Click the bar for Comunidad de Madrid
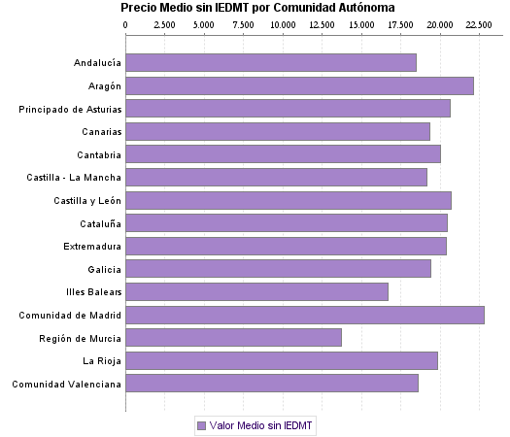click(304, 315)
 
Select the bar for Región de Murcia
click(233, 337)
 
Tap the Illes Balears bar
click(256, 291)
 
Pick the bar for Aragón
click(299, 85)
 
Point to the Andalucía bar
click(271, 63)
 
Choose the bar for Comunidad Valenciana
click(272, 384)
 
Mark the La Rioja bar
click(282, 360)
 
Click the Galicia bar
click(278, 269)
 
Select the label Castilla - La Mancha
click(74, 178)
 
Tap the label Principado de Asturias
click(70, 109)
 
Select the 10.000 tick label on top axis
click(283, 23)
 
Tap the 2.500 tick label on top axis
click(164, 23)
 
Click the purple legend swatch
click(201, 425)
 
